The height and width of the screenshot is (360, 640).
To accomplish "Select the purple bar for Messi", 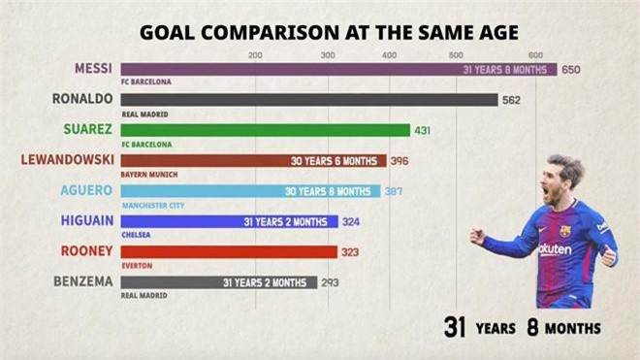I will (291, 70).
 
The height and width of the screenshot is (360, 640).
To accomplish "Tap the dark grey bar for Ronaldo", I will (310, 100).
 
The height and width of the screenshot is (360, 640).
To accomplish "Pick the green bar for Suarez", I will (267, 130).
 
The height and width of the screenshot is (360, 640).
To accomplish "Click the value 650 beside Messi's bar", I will (570, 70).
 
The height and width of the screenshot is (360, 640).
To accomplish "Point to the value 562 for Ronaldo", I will (512, 100).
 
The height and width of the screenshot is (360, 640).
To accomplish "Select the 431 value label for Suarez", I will (423, 130).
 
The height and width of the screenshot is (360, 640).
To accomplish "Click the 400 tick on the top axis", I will (389, 55).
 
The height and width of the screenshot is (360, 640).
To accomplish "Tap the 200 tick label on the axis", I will (255, 55).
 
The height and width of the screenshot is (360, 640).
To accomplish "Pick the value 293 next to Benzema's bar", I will (332, 282).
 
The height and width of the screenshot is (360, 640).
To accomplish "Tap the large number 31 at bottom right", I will (456, 327).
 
